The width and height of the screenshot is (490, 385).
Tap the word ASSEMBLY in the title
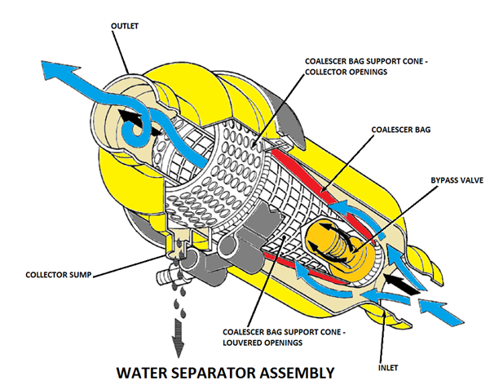coord(307,370)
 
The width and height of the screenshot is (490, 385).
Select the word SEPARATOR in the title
coord(212,370)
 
